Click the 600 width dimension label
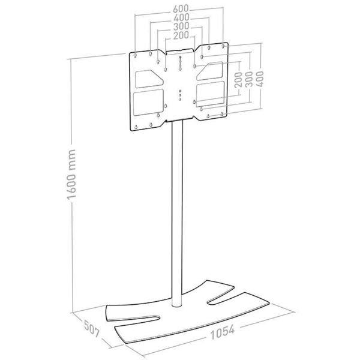pos(181,9)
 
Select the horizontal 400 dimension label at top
pos(181,17)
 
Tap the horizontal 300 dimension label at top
pos(181,26)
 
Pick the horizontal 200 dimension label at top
pos(181,35)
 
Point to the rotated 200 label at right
pos(239,80)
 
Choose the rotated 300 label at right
pos(249,79)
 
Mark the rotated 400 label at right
pos(260,79)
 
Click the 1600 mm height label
pos(71,175)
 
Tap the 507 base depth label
pos(92,329)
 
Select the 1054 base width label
pos(223,332)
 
